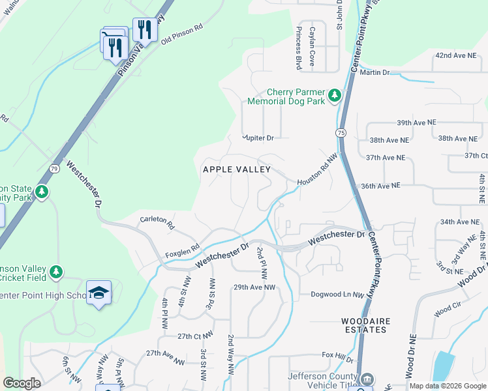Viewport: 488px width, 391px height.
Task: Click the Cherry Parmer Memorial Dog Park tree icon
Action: coord(335,96)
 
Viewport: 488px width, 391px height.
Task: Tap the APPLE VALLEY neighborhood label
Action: coord(237,169)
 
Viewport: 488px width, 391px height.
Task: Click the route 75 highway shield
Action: coord(341,132)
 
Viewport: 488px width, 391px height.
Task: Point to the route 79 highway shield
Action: coord(55,169)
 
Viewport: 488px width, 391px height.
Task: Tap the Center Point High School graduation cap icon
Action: coord(99,295)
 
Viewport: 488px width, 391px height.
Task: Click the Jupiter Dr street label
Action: coord(257,138)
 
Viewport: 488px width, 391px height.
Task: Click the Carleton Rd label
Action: coord(157,224)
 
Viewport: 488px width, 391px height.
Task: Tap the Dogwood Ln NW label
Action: coord(337,295)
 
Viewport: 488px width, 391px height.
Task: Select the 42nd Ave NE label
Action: coord(457,56)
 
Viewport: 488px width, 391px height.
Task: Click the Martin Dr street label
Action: coord(376,73)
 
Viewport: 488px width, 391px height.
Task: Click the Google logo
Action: coord(22,383)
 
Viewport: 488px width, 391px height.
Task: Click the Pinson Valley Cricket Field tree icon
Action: coord(56,271)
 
